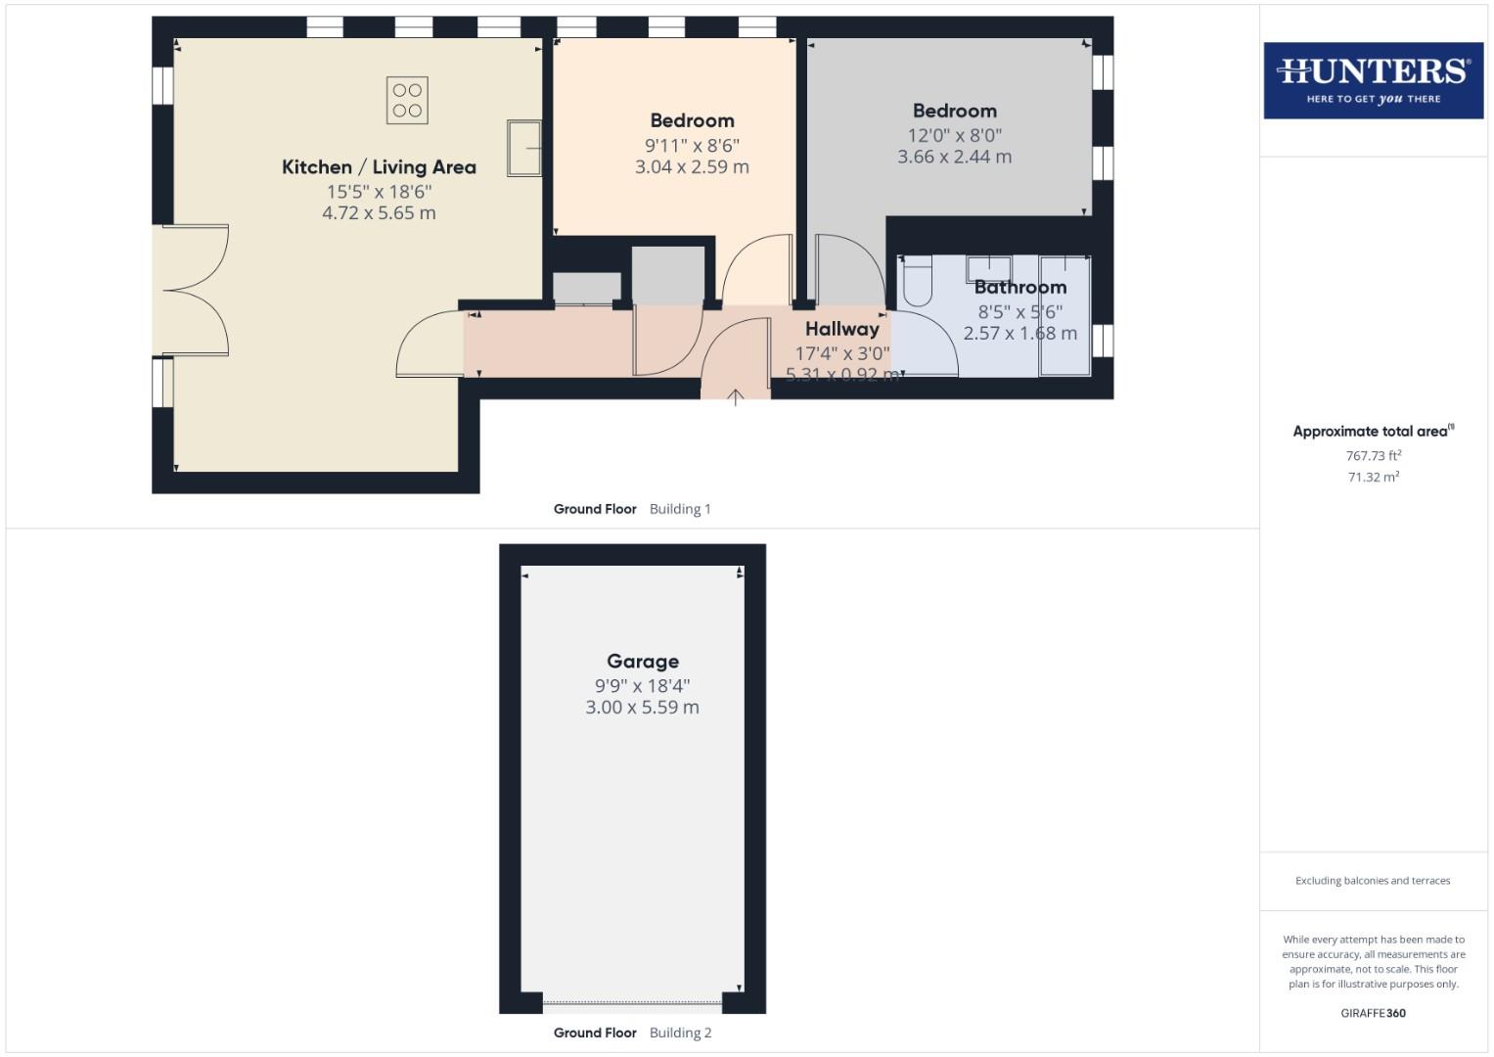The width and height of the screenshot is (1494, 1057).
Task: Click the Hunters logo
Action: coord(1373,80)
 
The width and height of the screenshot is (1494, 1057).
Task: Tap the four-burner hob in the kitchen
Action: coord(407,101)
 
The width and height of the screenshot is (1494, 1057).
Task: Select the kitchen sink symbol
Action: coord(524,148)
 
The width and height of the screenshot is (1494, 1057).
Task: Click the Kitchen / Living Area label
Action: coord(379,167)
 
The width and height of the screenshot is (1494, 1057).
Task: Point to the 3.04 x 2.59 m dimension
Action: coord(692,166)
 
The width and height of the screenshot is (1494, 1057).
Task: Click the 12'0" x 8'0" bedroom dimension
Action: coord(954,135)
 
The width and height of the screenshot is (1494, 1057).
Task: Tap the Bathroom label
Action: coord(1019,287)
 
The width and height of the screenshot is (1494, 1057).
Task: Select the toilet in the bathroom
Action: coord(917,280)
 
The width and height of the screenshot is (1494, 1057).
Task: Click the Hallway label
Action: coord(841,329)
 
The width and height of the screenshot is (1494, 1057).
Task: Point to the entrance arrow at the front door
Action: coord(736,396)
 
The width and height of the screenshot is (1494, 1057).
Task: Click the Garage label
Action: coord(642,662)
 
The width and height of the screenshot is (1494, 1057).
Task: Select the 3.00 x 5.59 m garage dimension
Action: coord(642,708)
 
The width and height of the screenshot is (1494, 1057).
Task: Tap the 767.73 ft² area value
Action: coord(1374,456)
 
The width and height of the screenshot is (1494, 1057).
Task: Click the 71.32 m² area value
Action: coord(1374,478)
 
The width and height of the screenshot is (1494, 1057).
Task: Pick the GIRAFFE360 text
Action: coord(1373,1013)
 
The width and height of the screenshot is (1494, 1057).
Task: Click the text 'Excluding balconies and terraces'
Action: coord(1373,881)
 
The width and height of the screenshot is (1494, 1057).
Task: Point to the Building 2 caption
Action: coord(680,1033)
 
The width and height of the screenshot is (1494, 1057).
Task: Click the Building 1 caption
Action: coord(680,509)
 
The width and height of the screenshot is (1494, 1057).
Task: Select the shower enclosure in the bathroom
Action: coord(1064,315)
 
